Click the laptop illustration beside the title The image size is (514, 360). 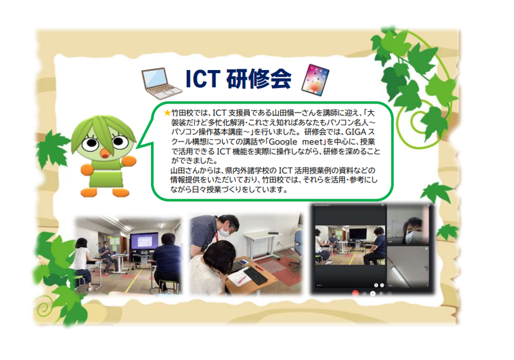161,84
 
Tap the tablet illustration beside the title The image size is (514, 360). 315,80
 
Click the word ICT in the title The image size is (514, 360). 202,79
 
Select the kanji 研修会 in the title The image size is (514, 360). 259,79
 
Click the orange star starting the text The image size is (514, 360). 167,113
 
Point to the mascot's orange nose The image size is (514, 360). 105,154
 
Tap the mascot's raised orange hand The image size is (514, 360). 129,161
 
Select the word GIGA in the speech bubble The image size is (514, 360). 354,132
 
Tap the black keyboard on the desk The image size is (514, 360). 255,276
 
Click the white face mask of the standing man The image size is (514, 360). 224,232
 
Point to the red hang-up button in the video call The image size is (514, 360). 355,293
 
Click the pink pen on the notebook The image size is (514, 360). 242,280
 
